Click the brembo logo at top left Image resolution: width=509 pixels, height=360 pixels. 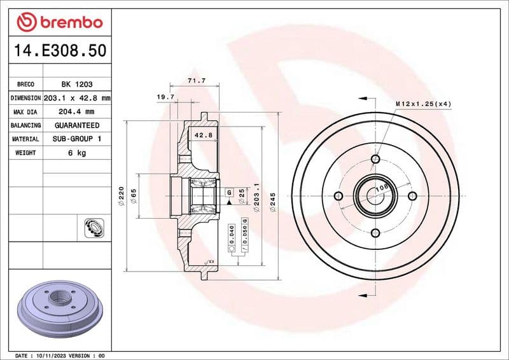coord(59,22)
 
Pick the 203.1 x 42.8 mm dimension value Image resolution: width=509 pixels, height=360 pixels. coord(77,98)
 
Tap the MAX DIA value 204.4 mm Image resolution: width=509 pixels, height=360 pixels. coord(76,112)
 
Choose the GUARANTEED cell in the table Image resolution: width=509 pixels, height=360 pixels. coord(76,125)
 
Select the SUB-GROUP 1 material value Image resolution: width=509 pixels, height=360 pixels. coord(76,139)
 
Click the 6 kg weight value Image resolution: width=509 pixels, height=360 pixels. coord(76,153)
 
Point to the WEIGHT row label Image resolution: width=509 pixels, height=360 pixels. coord(25,153)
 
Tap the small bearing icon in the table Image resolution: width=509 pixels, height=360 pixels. coord(94,226)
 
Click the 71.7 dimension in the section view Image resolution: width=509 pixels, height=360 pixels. coord(196,81)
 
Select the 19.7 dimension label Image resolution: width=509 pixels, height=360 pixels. coord(165,97)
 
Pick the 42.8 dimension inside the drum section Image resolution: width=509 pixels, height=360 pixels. coord(203,135)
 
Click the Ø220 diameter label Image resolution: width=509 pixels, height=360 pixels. coord(120,197)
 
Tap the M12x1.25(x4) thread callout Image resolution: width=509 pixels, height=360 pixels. coord(423,103)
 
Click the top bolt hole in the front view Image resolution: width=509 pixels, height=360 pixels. coord(375,159)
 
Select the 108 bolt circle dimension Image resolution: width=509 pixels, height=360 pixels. coord(382,188)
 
